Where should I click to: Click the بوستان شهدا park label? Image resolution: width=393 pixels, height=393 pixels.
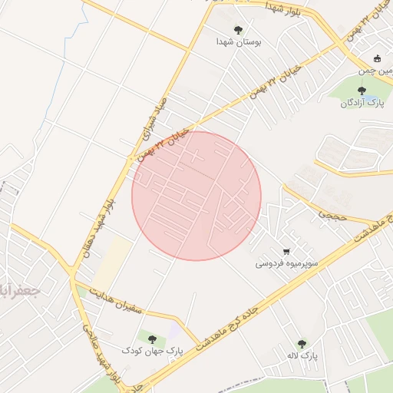point(239,42)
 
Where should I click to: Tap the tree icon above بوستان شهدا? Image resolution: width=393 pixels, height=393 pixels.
point(239,30)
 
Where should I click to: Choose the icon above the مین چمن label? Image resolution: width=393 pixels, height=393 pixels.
point(376,59)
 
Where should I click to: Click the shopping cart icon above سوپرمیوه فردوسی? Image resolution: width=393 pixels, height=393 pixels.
point(286,251)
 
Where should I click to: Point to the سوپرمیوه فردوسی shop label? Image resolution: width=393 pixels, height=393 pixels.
point(285,263)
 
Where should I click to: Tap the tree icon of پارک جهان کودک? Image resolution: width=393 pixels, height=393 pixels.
point(150,339)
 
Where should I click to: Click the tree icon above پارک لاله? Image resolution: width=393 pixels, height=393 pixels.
point(301,344)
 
